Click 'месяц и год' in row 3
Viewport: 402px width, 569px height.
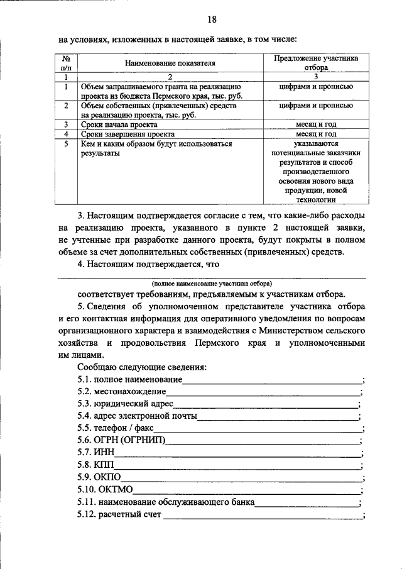point(317,125)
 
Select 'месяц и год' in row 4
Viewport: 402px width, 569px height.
point(317,135)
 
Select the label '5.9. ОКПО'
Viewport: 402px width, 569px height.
point(99,477)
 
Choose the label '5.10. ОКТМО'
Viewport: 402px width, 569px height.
point(105,490)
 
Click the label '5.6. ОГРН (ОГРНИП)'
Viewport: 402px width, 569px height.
point(121,440)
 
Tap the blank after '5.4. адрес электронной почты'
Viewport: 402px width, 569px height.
point(277,416)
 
